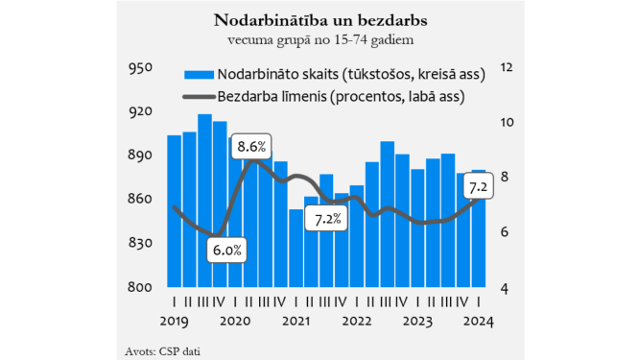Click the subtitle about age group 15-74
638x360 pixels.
[319, 40]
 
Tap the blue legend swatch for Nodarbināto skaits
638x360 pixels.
[197, 74]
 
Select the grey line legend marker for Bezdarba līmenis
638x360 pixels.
[197, 96]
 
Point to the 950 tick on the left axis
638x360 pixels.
[141, 68]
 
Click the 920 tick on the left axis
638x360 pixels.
[141, 112]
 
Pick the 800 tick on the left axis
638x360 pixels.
[141, 287]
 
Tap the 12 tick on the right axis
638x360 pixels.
[508, 68]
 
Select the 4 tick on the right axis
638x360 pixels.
[504, 287]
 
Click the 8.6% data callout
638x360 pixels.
[251, 147]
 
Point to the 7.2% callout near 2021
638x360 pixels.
[329, 221]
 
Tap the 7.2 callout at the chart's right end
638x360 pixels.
[477, 185]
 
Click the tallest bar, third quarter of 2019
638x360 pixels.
[204, 202]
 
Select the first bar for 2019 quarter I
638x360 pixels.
[174, 211]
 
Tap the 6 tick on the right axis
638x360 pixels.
[504, 232]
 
